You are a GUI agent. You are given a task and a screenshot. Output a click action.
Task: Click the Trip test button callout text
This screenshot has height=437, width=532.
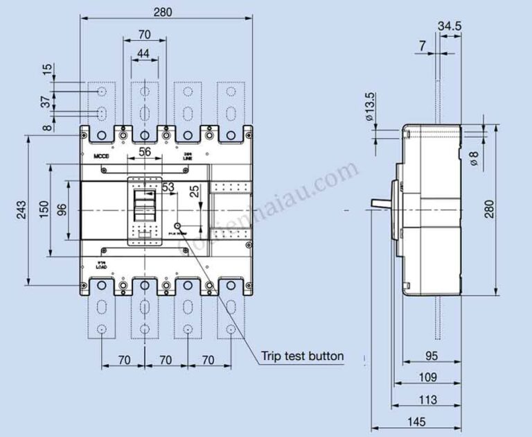(x=302, y=357)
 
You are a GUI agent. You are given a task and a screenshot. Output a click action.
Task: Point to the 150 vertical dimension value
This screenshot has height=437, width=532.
(x=44, y=210)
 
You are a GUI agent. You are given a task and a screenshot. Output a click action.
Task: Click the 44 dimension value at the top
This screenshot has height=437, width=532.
(x=144, y=53)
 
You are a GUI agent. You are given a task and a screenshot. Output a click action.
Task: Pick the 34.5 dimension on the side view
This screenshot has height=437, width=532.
(x=450, y=26)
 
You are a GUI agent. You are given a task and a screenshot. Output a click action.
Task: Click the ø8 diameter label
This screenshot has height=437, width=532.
(x=474, y=158)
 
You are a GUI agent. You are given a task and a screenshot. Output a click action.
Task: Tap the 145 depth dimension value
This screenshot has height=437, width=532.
(x=416, y=420)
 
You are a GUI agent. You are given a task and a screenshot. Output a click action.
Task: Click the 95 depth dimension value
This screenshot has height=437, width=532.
(x=430, y=356)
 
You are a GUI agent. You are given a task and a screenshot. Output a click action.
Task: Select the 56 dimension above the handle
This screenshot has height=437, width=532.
(x=145, y=153)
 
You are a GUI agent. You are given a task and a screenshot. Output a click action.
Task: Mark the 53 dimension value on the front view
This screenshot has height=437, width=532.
(x=168, y=187)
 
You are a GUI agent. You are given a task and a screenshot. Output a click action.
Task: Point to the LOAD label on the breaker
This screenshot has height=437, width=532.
(x=101, y=266)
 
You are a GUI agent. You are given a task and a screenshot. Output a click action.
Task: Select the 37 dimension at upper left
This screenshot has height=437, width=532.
(x=46, y=102)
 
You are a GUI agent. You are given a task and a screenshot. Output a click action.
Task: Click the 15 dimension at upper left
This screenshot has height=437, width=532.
(x=46, y=70)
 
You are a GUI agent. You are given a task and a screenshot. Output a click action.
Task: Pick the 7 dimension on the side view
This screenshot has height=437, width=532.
(x=423, y=46)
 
